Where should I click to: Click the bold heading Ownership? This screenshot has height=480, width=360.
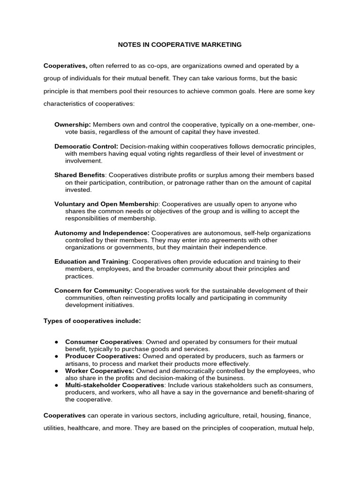[x=73, y=125]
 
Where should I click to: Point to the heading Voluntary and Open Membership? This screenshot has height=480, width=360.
[x=105, y=204]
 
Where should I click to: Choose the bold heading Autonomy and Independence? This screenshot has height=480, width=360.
[x=102, y=233]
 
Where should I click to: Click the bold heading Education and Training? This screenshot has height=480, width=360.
[x=91, y=262]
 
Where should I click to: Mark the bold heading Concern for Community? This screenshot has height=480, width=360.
[x=93, y=291]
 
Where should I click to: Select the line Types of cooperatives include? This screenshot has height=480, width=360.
[x=92, y=321]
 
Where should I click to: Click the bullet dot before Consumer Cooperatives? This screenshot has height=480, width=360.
[x=56, y=342]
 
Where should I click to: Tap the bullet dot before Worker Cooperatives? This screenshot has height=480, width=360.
[x=56, y=371]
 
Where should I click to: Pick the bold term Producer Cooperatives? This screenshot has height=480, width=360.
[x=103, y=356]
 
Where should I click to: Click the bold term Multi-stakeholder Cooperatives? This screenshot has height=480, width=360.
[x=115, y=385]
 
